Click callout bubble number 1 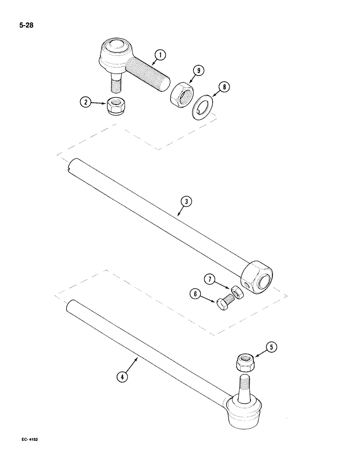tap(160, 55)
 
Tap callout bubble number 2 tap(85, 103)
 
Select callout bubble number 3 tap(186, 201)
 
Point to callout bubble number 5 tap(272, 346)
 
